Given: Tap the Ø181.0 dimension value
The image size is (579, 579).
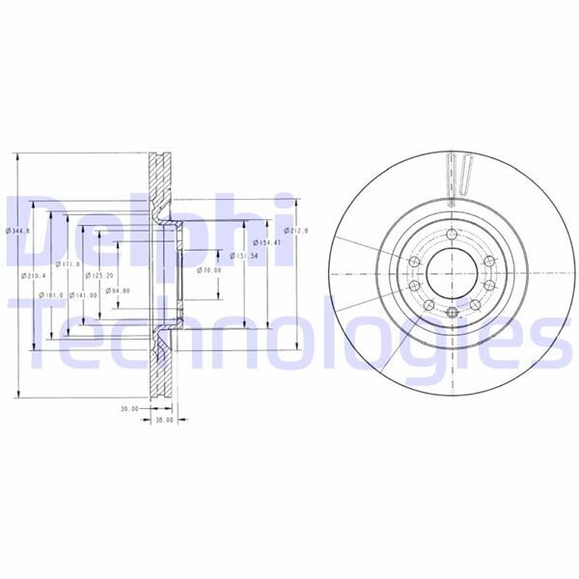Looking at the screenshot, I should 51,294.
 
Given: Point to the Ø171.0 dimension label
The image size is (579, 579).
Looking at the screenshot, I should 69,263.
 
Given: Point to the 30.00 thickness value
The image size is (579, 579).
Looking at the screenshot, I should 129,408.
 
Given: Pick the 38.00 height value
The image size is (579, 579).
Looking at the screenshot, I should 164,420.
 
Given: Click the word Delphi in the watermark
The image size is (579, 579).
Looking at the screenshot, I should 145,232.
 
